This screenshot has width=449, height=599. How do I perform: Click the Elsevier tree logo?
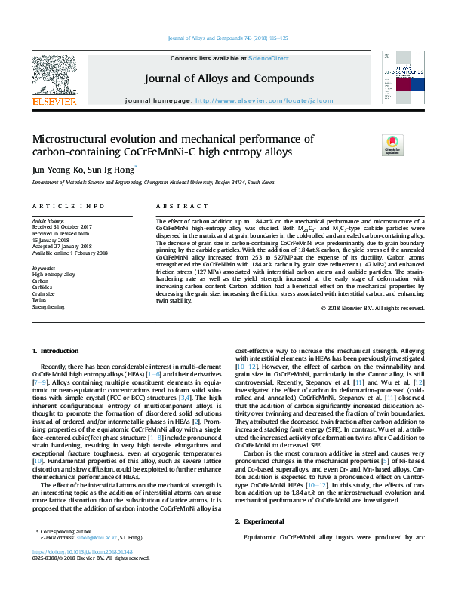coord(54,74)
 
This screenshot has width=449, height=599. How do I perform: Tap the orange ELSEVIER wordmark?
coord(54,101)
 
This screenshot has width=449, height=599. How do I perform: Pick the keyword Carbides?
coord(42,286)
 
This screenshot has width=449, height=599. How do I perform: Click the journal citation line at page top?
coord(227,37)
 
